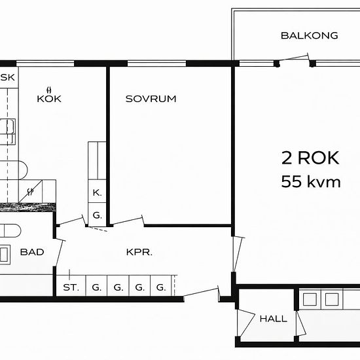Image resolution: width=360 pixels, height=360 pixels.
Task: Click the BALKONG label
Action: pos(309,35)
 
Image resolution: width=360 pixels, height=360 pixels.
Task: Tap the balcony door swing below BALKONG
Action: pos(295,58)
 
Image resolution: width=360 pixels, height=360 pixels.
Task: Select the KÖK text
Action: pos(49,98)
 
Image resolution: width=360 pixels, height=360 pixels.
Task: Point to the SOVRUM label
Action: pos(151,99)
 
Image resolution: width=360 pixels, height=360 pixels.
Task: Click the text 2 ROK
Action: pos(310,158)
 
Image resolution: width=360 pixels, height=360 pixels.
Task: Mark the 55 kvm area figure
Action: pos(311,181)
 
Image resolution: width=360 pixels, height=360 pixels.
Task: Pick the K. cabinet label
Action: pos(97,192)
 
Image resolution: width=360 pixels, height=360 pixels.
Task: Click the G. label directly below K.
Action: pos(97,215)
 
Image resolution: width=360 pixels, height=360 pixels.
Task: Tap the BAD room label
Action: pos(32,252)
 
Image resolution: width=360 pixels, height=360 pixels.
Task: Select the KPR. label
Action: pos(139,252)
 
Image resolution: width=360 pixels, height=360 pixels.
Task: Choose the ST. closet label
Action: pos(71,287)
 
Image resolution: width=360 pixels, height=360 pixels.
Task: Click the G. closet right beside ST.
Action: pos(97,287)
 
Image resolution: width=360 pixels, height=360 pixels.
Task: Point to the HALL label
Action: pos(273,319)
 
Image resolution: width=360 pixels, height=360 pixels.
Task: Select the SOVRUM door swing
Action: pos(128,221)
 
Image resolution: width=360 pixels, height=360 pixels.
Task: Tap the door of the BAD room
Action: pos(59,253)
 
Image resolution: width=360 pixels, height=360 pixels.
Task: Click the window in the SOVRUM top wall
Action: pos(156,63)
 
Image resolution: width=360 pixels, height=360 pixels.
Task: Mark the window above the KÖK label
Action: pos(45,63)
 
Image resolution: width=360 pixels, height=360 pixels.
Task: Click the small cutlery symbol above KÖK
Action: pos(49,89)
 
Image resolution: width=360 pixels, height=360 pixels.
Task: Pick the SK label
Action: pos(8,77)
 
